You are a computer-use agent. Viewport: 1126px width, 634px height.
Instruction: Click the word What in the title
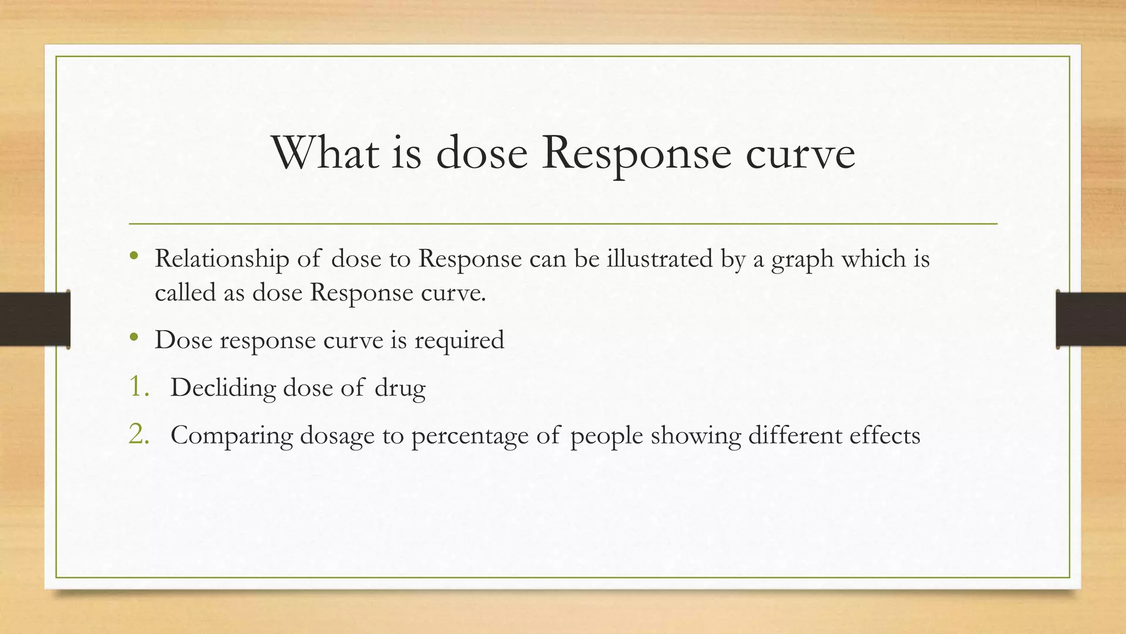click(x=325, y=152)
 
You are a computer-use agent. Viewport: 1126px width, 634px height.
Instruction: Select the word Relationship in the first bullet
click(x=222, y=259)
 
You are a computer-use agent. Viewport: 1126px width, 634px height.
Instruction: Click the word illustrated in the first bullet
click(x=660, y=259)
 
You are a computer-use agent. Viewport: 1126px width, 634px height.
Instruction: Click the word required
click(x=459, y=340)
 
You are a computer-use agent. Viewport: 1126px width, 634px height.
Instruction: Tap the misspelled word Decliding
click(x=223, y=387)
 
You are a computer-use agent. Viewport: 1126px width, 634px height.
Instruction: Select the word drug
click(x=400, y=389)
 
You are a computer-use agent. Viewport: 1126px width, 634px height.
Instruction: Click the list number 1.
click(x=139, y=387)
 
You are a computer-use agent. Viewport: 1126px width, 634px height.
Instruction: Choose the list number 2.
click(x=139, y=435)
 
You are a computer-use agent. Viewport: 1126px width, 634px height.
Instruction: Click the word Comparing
click(x=231, y=436)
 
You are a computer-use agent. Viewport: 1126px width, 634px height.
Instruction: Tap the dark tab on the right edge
click(x=1091, y=319)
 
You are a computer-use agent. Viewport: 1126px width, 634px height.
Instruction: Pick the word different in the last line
click(x=795, y=435)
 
